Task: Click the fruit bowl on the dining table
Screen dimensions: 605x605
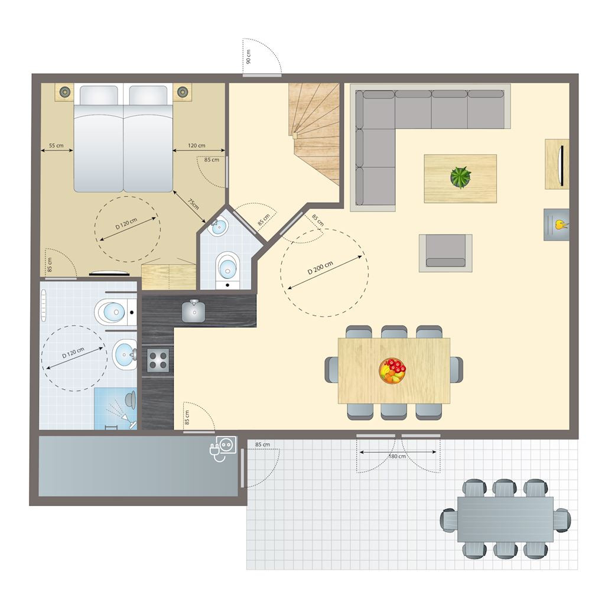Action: [x=392, y=371]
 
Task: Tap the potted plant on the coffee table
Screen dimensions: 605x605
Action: [x=461, y=177]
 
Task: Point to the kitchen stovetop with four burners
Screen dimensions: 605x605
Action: [x=158, y=360]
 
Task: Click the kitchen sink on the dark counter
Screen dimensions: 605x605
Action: [x=193, y=311]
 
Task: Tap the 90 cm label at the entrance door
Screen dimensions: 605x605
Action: [x=249, y=56]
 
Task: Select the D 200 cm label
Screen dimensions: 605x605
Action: [x=320, y=268]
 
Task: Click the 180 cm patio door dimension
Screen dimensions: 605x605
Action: [x=397, y=457]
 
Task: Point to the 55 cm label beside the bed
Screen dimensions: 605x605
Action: [x=56, y=145]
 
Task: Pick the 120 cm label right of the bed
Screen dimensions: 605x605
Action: [x=196, y=145]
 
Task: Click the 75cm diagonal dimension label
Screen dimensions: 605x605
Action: [x=193, y=204]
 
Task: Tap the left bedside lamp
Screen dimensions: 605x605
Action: [x=64, y=92]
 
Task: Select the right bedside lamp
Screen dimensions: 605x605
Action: [x=182, y=92]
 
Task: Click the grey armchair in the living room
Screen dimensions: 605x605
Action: [x=445, y=253]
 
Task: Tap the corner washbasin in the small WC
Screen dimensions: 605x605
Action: [x=218, y=226]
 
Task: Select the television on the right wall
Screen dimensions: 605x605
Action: [x=562, y=165]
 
